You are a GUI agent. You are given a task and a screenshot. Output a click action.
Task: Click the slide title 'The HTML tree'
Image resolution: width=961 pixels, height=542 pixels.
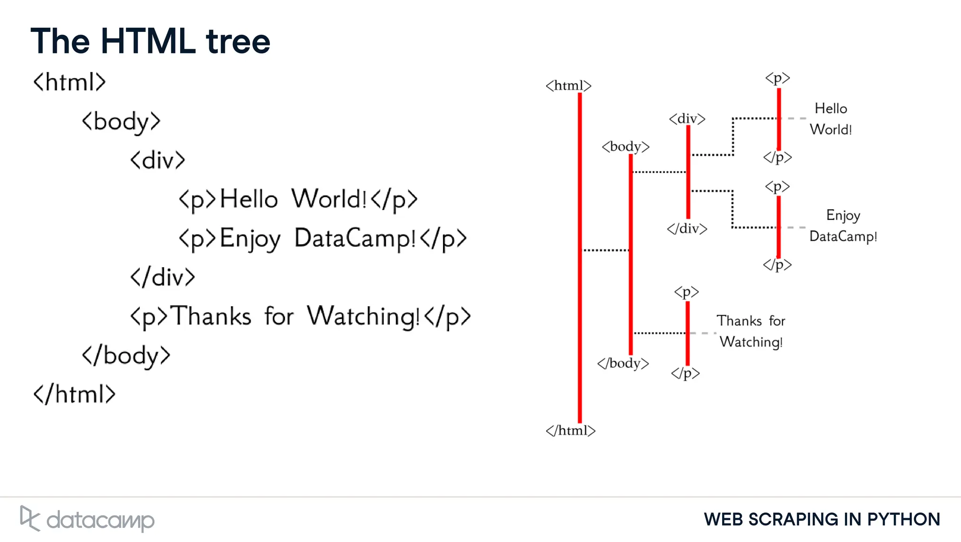pyautogui.click(x=150, y=41)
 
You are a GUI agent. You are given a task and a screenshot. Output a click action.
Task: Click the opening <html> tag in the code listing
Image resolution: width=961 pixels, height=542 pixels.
pyautogui.click(x=69, y=82)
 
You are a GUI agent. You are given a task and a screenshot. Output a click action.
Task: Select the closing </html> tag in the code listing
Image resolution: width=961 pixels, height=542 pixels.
pyautogui.click(x=74, y=394)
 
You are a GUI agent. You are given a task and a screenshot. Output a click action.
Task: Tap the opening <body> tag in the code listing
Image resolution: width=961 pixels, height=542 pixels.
pyautogui.click(x=121, y=121)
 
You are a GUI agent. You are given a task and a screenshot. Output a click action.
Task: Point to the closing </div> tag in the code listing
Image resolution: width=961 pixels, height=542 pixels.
pyautogui.click(x=162, y=277)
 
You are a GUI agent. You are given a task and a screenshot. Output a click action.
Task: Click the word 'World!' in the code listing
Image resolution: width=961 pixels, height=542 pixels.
pyautogui.click(x=328, y=199)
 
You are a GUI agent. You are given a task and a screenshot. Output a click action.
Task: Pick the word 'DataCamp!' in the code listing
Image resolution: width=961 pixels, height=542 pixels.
pyautogui.click(x=355, y=238)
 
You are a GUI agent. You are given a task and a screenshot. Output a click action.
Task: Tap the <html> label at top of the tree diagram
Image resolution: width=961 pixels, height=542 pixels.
pyautogui.click(x=568, y=85)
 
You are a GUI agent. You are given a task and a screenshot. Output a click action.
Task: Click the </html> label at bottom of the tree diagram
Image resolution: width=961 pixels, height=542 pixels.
pyautogui.click(x=570, y=430)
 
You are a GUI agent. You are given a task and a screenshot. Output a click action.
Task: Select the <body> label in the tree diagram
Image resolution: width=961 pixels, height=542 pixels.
pyautogui.click(x=625, y=147)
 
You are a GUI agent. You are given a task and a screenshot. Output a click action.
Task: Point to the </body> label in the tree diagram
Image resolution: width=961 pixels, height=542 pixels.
pyautogui.click(x=623, y=363)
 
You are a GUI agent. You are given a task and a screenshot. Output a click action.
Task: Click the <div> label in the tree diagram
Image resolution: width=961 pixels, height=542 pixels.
pyautogui.click(x=687, y=118)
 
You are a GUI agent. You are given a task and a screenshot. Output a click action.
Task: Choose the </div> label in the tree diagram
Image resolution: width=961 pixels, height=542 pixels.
pyautogui.click(x=687, y=229)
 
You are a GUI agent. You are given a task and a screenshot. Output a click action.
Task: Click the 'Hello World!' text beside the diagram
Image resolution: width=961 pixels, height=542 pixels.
pyautogui.click(x=831, y=119)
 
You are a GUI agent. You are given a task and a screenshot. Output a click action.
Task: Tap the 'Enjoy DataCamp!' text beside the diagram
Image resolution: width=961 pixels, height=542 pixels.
pyautogui.click(x=843, y=226)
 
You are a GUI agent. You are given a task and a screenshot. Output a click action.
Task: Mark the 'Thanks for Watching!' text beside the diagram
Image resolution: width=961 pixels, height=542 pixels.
pyautogui.click(x=751, y=331)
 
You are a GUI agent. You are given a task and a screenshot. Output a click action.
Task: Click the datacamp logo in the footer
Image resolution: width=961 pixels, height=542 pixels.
pyautogui.click(x=87, y=519)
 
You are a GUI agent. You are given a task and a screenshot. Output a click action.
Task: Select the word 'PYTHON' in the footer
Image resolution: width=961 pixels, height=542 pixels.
pyautogui.click(x=903, y=519)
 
